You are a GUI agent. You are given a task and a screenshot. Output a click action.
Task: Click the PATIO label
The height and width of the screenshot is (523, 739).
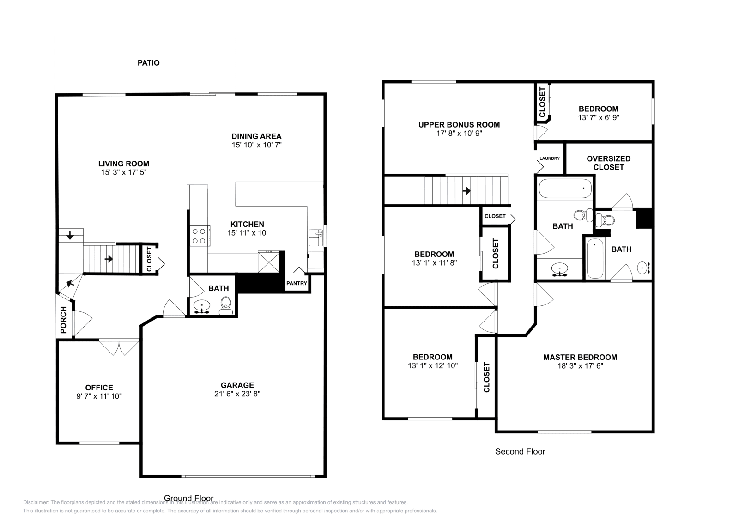pos(148,63)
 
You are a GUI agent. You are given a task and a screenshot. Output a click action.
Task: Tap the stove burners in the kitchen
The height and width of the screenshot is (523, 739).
pos(199,236)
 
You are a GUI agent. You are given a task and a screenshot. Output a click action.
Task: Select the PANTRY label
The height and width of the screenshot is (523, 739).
pos(297,283)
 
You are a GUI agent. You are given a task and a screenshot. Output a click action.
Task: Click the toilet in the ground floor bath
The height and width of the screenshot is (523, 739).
pos(226,305)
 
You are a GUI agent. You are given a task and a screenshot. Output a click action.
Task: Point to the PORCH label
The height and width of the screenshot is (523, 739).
pos(64,320)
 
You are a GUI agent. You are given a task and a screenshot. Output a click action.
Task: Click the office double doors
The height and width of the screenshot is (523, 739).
pos(119,347)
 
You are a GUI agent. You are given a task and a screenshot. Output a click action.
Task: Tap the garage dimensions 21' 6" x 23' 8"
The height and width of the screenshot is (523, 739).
pos(237,394)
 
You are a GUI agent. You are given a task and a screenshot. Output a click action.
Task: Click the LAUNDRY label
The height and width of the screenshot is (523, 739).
pos(549,158)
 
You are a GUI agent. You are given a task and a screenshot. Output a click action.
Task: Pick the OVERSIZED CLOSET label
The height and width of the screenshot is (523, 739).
pos(608,163)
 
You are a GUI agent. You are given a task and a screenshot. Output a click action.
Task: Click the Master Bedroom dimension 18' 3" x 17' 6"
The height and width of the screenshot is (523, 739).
pos(580,366)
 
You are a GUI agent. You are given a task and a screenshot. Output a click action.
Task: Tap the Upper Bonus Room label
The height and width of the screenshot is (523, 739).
pos(459,124)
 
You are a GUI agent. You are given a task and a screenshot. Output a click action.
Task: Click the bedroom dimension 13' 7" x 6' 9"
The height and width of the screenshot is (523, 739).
pos(598,118)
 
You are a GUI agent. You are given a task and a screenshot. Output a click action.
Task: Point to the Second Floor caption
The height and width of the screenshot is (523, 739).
pos(520,451)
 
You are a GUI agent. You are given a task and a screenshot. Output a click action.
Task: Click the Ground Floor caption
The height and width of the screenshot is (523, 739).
pos(188,498)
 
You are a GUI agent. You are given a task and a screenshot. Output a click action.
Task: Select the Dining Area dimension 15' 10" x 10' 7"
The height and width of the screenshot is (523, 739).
pos(256,145)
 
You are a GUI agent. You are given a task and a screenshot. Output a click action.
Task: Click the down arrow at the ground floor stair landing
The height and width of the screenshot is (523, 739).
pos(70,236)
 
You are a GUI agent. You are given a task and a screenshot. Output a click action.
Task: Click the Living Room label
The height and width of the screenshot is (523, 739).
pos(123,164)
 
